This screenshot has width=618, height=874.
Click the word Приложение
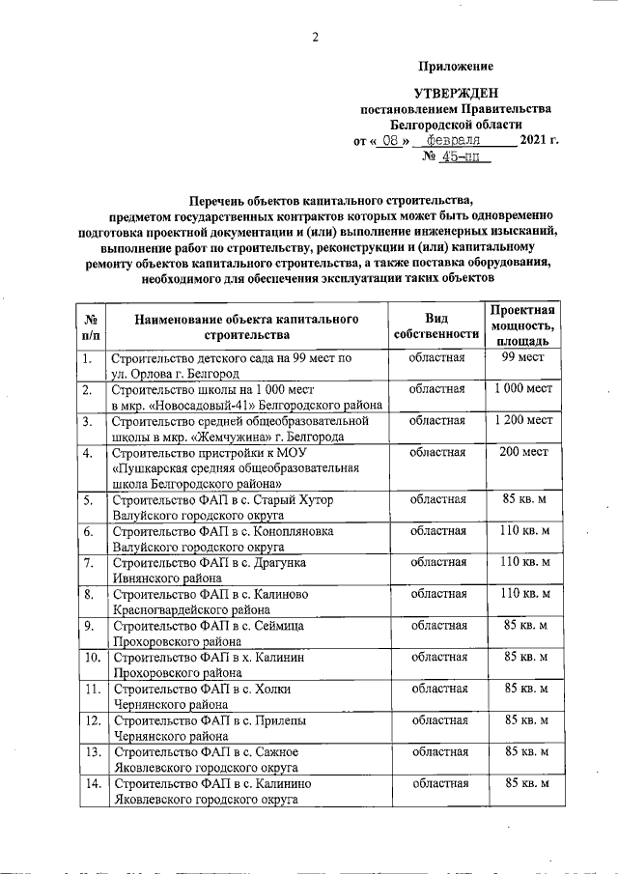(x=456, y=66)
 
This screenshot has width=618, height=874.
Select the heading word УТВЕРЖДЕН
(x=456, y=93)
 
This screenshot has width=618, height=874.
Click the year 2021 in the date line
(x=533, y=141)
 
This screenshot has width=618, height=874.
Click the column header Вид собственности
(x=437, y=326)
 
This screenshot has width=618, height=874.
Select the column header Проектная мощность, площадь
(x=521, y=326)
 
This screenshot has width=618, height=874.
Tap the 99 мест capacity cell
(x=521, y=358)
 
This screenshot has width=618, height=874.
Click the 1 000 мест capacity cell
(x=521, y=389)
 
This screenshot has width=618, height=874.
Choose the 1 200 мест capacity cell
(x=521, y=421)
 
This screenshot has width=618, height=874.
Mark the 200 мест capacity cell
(x=521, y=452)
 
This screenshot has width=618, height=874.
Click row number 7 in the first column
(x=88, y=562)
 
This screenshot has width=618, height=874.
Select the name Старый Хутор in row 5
(x=296, y=500)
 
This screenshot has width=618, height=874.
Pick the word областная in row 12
(x=437, y=720)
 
